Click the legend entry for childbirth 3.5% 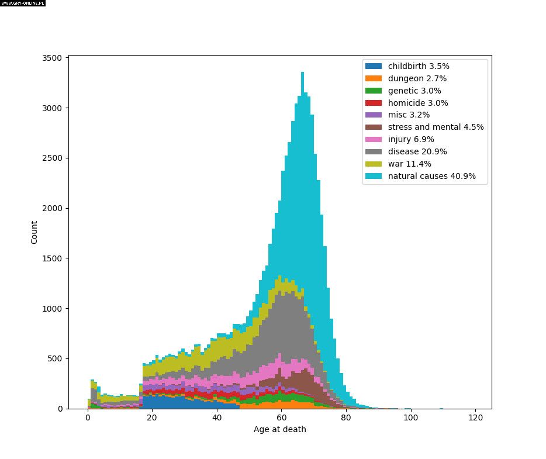click(419, 66)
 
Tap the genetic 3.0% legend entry click(414, 91)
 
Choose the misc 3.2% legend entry click(409, 115)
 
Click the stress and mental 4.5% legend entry click(436, 127)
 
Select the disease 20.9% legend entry click(417, 151)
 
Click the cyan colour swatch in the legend click(374, 176)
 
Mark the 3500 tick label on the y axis click(53, 58)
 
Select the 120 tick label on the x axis click(475, 418)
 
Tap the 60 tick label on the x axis click(282, 418)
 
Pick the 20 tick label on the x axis click(153, 418)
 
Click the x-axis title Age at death click(279, 430)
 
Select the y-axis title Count click(34, 232)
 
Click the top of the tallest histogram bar click(302, 73)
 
